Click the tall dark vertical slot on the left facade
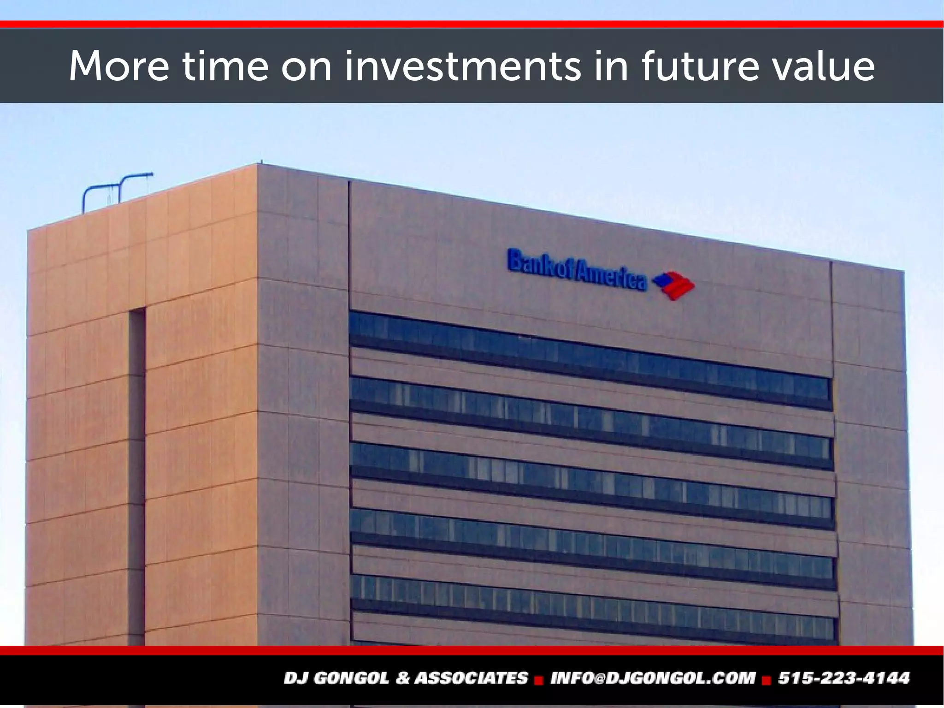coord(137,475)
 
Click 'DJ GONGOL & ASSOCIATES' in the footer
coord(406,678)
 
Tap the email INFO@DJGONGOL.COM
coord(653,678)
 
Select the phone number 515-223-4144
coord(844,678)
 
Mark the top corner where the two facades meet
coord(257,164)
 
